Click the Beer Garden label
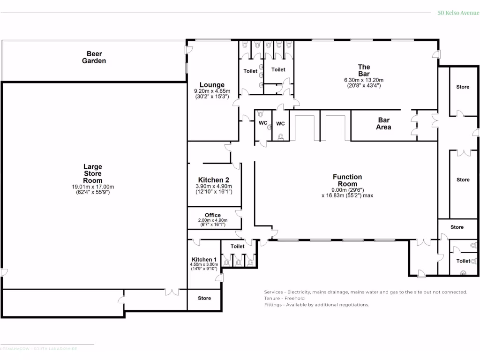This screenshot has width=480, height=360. pos(94,57)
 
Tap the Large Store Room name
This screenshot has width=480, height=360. pos(93,173)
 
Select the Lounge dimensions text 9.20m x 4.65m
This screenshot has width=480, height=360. pos(212,91)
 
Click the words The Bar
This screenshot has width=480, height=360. pos(364,70)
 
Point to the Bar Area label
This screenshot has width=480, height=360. pos(383,124)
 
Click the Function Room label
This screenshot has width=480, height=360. pos(347,180)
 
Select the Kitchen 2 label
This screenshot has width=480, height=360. pos(213,180)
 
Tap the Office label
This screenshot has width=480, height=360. pos(213,215)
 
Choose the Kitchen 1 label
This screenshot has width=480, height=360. pos(204,259)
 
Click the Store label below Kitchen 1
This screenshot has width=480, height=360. pos(204,298)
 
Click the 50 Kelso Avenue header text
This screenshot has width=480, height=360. pos(458,13)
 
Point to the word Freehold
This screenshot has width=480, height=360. pos(294,298)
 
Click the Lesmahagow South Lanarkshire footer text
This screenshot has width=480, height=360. pos(38,349)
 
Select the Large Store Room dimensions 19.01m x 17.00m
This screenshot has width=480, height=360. pos(93,187)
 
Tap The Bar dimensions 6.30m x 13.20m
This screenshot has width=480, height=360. pos(364,80)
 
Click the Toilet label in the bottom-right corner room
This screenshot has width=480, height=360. pos(463,261)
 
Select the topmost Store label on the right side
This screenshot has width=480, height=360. pos(463,87)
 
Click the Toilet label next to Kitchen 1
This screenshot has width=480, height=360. pos(237,246)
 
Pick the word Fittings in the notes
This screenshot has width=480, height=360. pos(273,305)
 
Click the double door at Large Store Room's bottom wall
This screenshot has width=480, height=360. pos(172,292)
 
